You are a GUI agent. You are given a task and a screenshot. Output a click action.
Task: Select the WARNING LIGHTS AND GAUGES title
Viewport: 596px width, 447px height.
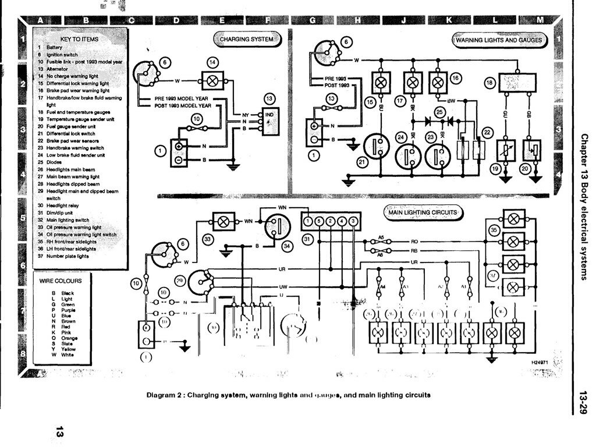[x=499, y=40]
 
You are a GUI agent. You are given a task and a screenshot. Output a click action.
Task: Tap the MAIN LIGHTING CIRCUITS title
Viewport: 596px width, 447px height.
[x=423, y=212]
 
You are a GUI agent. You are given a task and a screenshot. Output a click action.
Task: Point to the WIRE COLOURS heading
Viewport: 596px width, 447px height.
[x=61, y=281]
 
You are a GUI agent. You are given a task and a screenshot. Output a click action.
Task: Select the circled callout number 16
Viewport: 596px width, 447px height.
[x=455, y=77]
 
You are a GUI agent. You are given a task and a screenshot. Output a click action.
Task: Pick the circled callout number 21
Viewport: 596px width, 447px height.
[x=363, y=162]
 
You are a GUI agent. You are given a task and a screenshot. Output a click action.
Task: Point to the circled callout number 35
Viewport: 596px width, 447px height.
[x=494, y=230]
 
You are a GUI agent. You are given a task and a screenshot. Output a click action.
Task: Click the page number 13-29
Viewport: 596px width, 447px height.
[x=583, y=401]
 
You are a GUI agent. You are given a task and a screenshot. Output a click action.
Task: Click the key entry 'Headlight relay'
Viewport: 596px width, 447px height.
[x=63, y=205]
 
